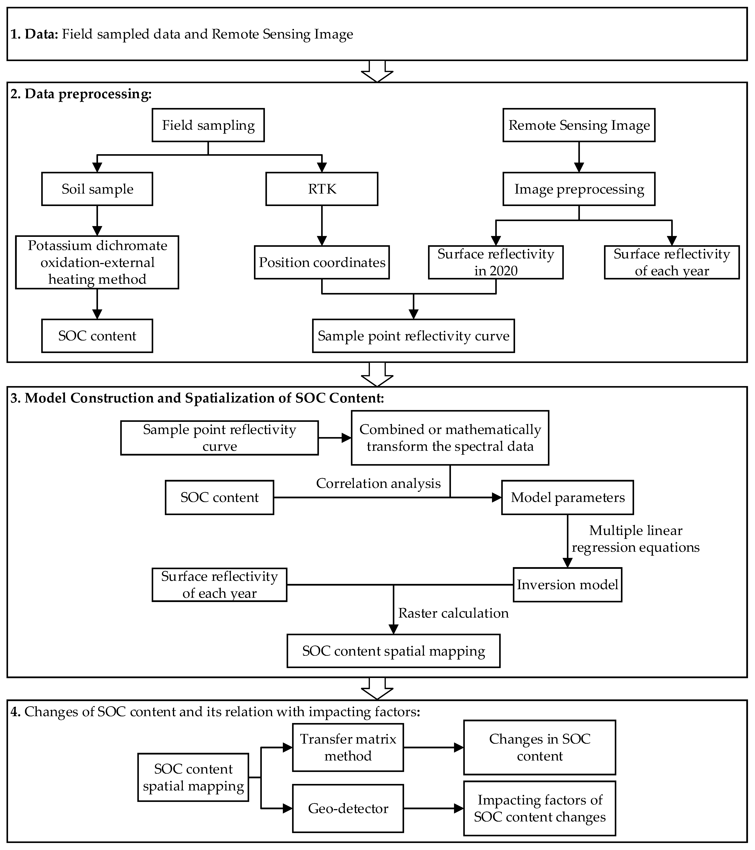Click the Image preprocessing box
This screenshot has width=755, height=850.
click(579, 189)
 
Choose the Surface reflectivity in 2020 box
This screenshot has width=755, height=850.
click(496, 262)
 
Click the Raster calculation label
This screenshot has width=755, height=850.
click(453, 613)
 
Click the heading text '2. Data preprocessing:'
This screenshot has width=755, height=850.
click(81, 94)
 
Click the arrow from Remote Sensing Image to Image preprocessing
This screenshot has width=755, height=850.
click(579, 157)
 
